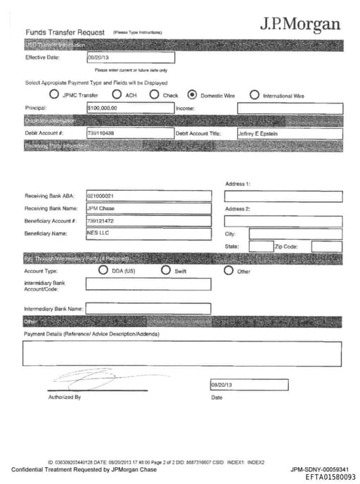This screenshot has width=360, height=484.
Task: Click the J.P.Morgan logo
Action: pos(300,24)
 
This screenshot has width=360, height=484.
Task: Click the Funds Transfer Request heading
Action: pos(65,32)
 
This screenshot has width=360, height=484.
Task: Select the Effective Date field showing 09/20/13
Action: pos(130,58)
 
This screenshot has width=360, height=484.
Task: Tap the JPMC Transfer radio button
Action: pos(54,95)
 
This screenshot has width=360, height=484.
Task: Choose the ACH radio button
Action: pos(115,95)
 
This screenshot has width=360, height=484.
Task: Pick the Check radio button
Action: pos(154,95)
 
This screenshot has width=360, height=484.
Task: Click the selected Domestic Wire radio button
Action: pos(192,95)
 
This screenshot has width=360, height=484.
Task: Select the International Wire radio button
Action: pos(254,95)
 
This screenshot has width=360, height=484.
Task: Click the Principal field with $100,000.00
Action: pos(130,108)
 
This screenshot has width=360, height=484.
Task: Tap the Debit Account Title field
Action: pos(289,133)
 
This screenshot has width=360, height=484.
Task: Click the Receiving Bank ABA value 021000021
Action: pos(148,196)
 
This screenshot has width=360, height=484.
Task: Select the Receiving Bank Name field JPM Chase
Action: pos(148,208)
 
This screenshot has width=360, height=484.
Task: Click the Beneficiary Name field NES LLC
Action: pos(148,234)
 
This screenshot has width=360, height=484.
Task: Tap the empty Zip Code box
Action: pos(326,247)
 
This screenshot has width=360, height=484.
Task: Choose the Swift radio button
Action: pos(166,270)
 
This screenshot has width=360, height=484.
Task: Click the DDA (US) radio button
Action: pos(104,270)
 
